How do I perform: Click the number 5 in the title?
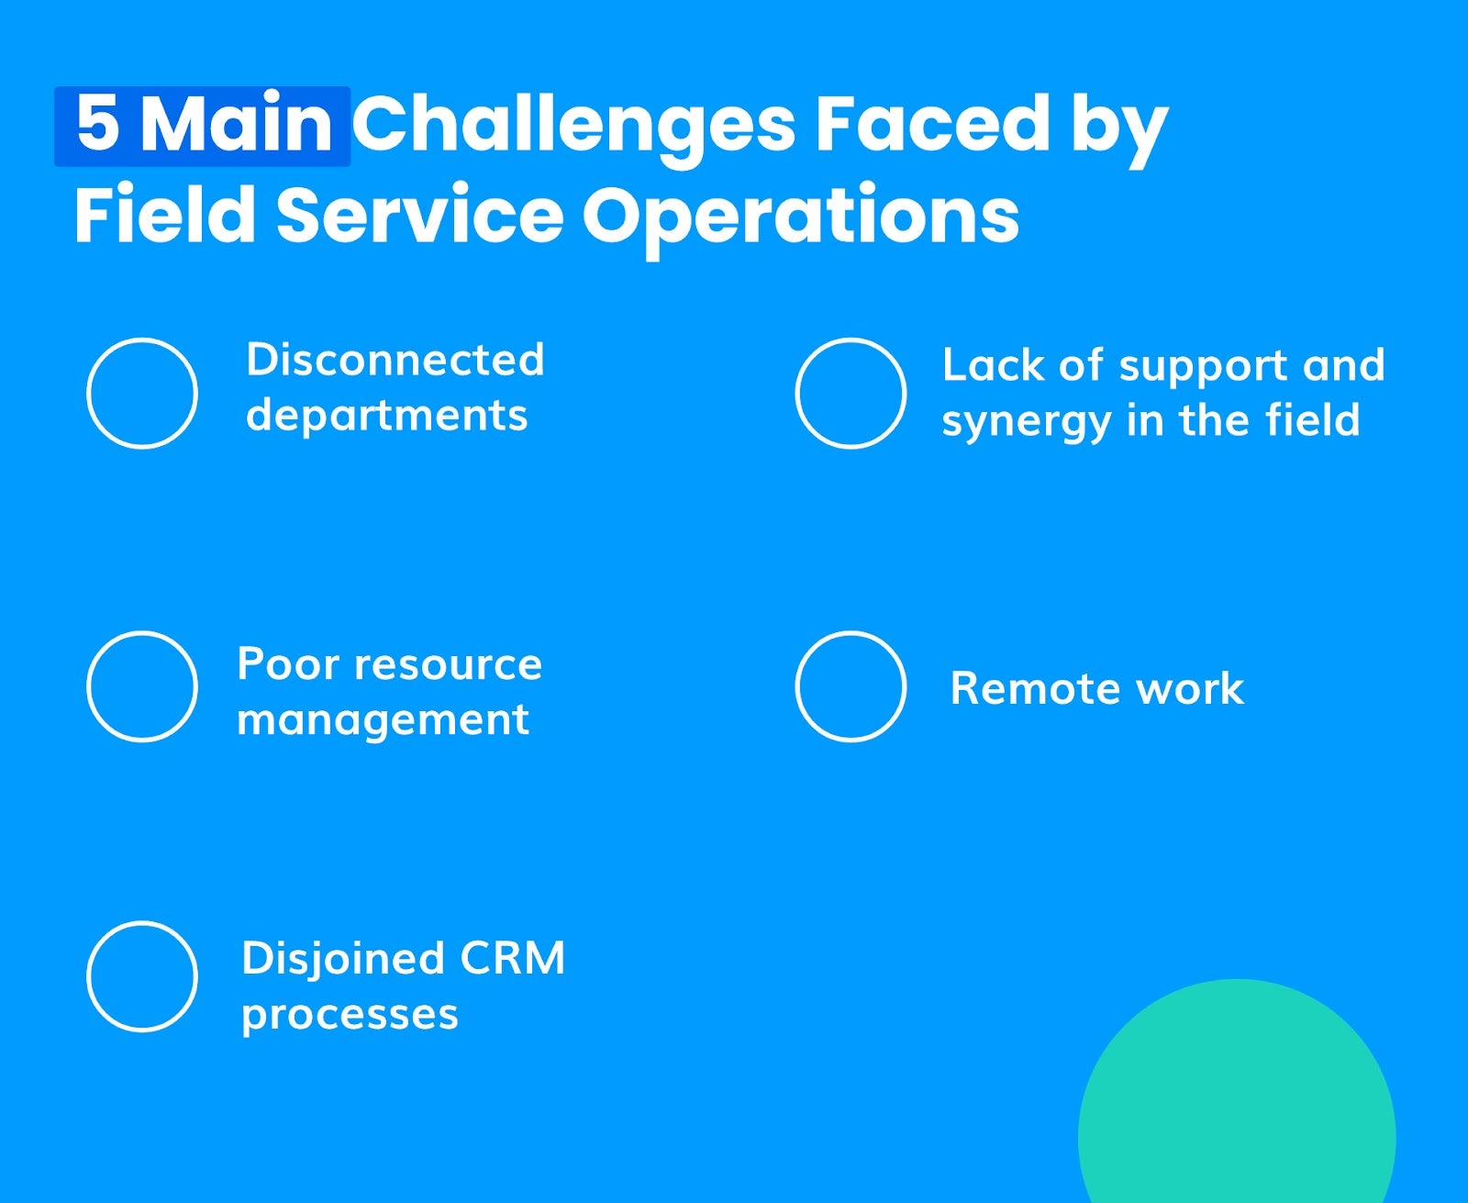[97, 125]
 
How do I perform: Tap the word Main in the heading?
[237, 125]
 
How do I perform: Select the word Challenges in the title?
[573, 127]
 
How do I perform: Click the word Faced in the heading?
[932, 125]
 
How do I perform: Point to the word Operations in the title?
[800, 217]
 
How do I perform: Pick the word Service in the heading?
[419, 217]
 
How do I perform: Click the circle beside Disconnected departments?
[142, 393]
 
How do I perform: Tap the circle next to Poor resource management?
[142, 686]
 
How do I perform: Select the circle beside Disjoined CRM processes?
[142, 976]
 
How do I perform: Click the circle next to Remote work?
[851, 686]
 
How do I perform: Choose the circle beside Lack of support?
[851, 393]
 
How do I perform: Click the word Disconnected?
[395, 360]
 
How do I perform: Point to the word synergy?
[1026, 423]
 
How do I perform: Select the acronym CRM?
[512, 959]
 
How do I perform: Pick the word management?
[383, 719]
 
